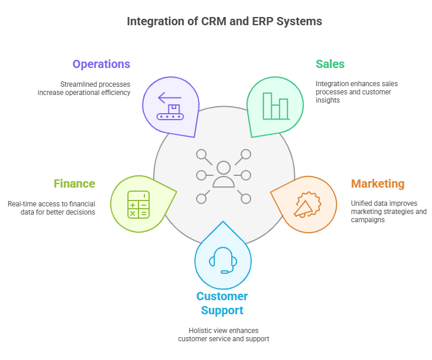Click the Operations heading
(x=101, y=64)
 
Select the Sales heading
(x=330, y=64)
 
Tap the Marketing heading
(x=377, y=184)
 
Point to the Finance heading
(x=75, y=184)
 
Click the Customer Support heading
(x=222, y=303)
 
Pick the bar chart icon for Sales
(x=275, y=106)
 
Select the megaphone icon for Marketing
(x=305, y=205)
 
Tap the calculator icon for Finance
(x=139, y=205)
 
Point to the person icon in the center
(x=224, y=175)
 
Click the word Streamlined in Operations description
(x=77, y=84)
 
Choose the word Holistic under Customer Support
(x=200, y=331)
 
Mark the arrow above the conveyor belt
(x=170, y=98)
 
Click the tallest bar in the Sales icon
(x=268, y=106)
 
